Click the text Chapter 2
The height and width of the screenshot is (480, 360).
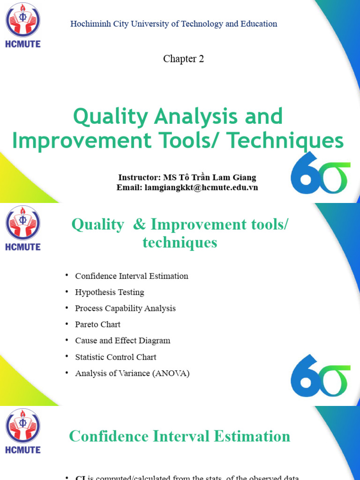click(183, 59)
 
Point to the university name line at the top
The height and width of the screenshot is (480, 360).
click(173, 24)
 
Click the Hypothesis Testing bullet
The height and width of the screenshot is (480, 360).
click(109, 292)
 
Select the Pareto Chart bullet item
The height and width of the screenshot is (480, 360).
click(97, 324)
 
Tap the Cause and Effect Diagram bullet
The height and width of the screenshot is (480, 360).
click(122, 341)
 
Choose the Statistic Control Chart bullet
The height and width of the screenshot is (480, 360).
click(115, 357)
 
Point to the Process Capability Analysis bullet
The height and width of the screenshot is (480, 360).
click(125, 308)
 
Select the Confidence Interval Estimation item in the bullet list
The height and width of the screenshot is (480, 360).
click(131, 276)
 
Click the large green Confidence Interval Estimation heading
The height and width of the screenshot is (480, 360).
click(180, 436)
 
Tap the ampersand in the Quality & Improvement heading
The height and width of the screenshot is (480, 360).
click(139, 225)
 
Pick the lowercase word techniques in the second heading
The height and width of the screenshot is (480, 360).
click(180, 242)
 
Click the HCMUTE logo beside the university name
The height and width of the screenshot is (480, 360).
click(23, 25)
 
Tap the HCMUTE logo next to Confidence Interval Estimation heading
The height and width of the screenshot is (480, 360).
click(23, 430)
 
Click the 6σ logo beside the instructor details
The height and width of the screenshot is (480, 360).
click(320, 173)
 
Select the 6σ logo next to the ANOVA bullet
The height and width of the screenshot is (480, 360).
click(320, 376)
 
